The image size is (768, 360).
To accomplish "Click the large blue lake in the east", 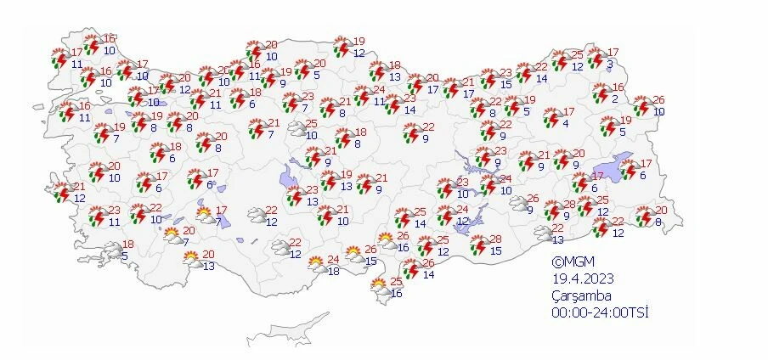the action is tap(615, 166).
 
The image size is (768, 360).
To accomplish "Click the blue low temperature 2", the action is tap(614, 99).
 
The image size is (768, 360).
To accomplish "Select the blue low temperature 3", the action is tap(610, 64).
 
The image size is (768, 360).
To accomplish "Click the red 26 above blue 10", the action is tap(659, 100).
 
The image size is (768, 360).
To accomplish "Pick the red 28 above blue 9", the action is tap(568, 205).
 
